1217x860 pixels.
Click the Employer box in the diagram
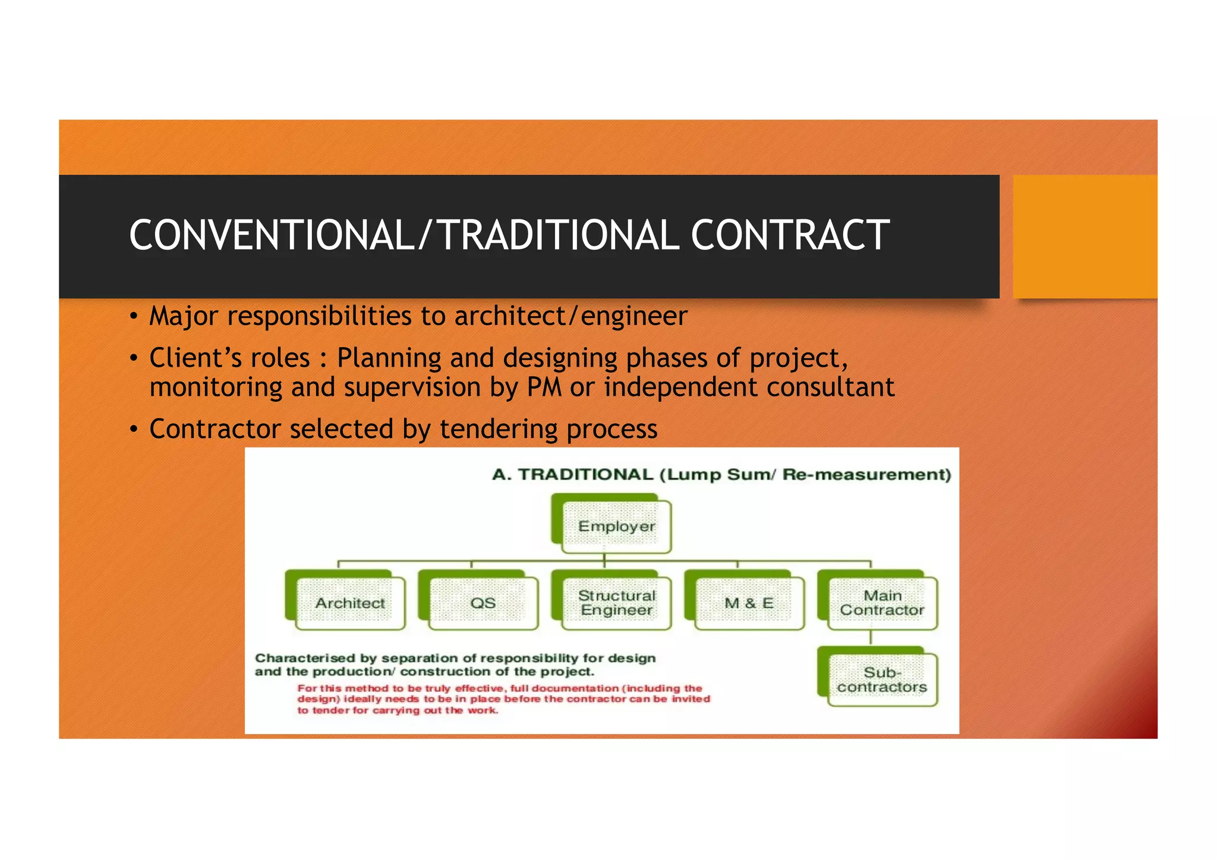[x=616, y=527]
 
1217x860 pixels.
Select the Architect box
[x=350, y=603]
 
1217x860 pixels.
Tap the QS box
[x=483, y=603]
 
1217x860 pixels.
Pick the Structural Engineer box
[x=616, y=603]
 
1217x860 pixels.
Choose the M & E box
[x=749, y=603]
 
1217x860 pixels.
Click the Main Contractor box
[x=882, y=603]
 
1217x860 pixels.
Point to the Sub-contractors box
[x=882, y=680]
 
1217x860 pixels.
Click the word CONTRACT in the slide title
[x=790, y=235]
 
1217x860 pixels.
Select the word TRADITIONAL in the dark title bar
[x=558, y=235]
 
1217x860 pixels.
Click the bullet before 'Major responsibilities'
[x=134, y=316]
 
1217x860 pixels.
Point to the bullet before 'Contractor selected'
[x=134, y=429]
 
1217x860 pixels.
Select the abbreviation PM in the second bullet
[x=544, y=387]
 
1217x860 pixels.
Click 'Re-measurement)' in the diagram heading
[x=866, y=474]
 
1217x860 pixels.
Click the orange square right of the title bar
[x=1084, y=237]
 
